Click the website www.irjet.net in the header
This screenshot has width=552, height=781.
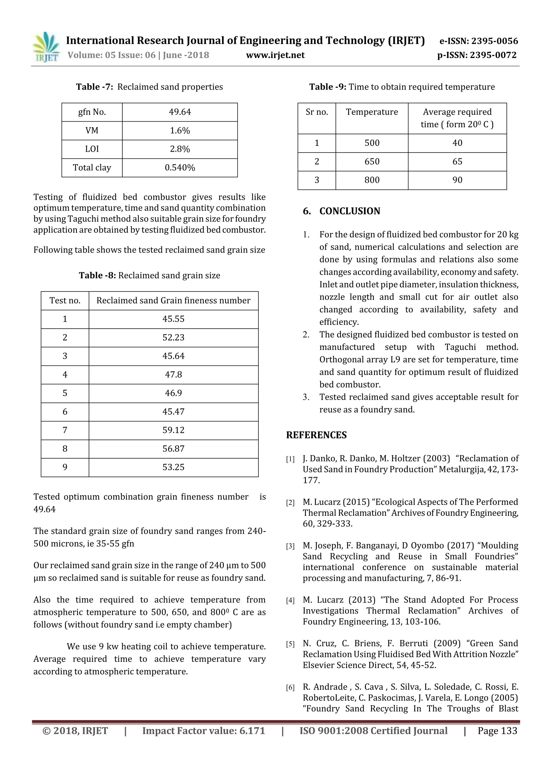[x=275, y=55]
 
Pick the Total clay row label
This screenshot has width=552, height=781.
[x=92, y=168]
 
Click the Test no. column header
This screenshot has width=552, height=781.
[x=65, y=300]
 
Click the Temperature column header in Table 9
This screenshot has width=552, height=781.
[x=372, y=112]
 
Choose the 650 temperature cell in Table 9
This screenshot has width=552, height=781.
[x=372, y=161]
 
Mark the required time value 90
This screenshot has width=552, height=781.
[x=457, y=180]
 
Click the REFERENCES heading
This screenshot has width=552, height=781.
[x=316, y=435]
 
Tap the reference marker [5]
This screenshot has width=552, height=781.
[x=290, y=644]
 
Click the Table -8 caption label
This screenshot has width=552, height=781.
[x=98, y=275]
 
